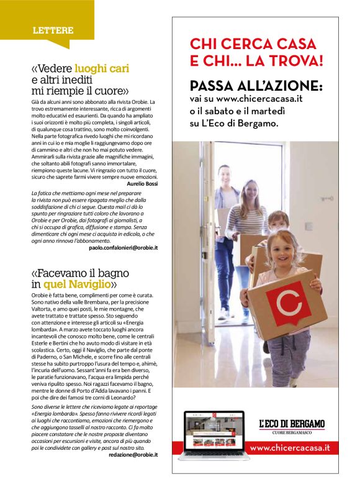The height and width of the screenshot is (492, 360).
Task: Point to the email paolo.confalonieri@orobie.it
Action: click(x=124, y=247)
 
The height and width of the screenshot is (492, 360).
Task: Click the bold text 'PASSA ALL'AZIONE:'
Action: click(x=256, y=85)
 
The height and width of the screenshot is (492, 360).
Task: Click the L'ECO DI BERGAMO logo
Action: click(x=292, y=424)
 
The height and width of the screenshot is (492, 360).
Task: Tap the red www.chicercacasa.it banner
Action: click(x=289, y=447)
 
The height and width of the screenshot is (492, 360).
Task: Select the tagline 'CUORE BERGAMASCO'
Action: click(x=292, y=432)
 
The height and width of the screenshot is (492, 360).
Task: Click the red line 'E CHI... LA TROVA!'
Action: click(x=256, y=61)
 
